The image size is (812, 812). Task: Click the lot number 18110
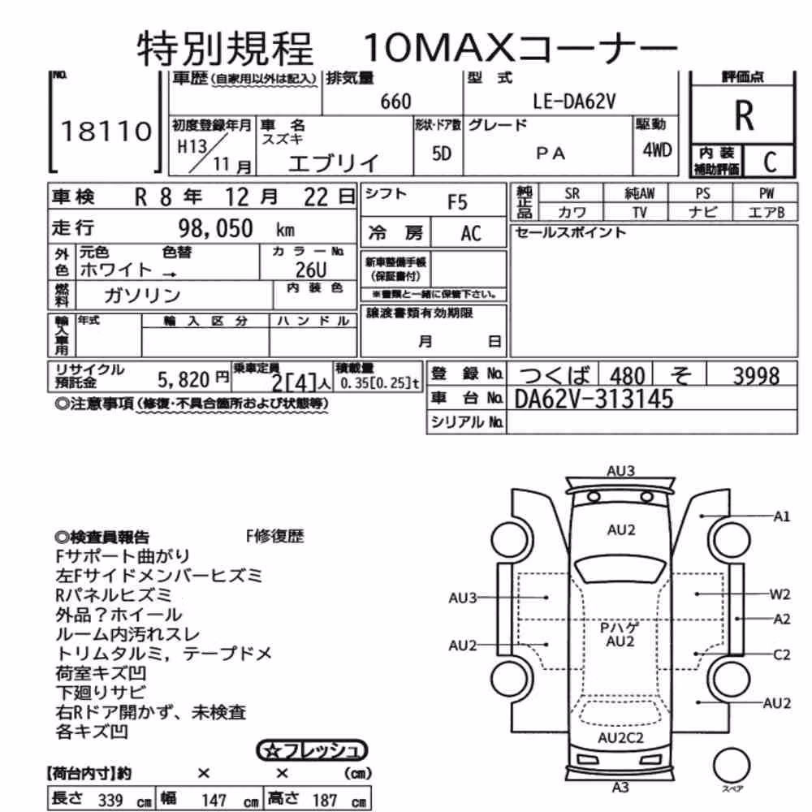pos(106,131)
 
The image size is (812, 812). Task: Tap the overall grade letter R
pos(744,115)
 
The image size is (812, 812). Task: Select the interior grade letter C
pos(770,162)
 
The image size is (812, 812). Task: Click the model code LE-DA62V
pos(574,101)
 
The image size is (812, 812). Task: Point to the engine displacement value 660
pos(395,101)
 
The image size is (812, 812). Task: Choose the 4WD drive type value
pos(657,150)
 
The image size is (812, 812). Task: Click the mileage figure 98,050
pos(215,228)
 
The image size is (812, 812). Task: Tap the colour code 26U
pos(311,270)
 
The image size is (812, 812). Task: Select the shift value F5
pos(457,202)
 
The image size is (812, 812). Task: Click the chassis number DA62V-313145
pos(594,399)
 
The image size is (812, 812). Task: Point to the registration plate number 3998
pos(756,376)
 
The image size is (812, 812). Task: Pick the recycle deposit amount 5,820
pos(184,380)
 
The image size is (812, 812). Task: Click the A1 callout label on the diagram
pos(781,516)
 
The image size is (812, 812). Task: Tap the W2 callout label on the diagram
pos(780,594)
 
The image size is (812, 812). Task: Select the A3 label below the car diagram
pos(620,787)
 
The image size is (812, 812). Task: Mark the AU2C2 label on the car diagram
pos(620,738)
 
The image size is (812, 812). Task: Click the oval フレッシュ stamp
pos(313,750)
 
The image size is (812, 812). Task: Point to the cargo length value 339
pos(110,800)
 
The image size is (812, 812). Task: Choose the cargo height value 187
pos(325,800)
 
